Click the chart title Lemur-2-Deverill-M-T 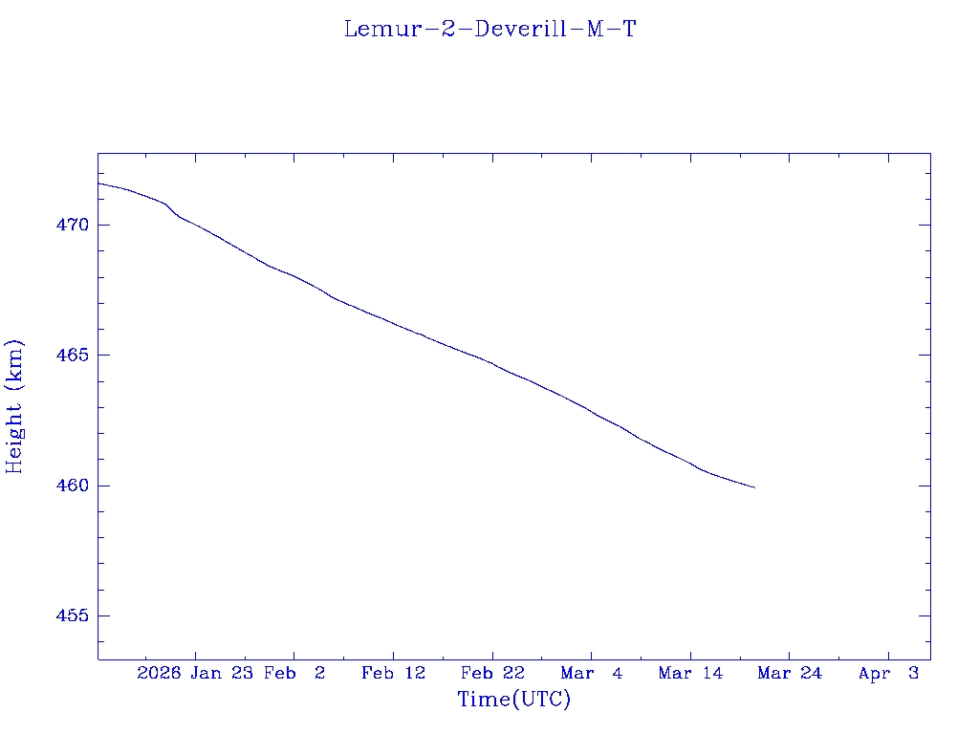click(x=489, y=30)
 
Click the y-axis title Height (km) click(x=14, y=406)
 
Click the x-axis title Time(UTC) click(x=514, y=700)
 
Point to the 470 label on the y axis click(x=72, y=226)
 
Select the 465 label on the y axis click(x=72, y=356)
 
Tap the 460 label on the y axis click(x=72, y=486)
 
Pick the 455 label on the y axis click(x=72, y=615)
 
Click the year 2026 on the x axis click(x=159, y=674)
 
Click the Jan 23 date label click(x=221, y=674)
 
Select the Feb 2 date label click(x=294, y=674)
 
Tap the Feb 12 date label click(x=394, y=674)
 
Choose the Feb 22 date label click(x=492, y=674)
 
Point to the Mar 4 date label click(x=592, y=674)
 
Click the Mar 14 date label click(x=690, y=674)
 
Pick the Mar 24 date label click(x=790, y=674)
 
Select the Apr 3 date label click(x=888, y=674)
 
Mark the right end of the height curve click(x=755, y=487)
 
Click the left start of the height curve click(x=98, y=183)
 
